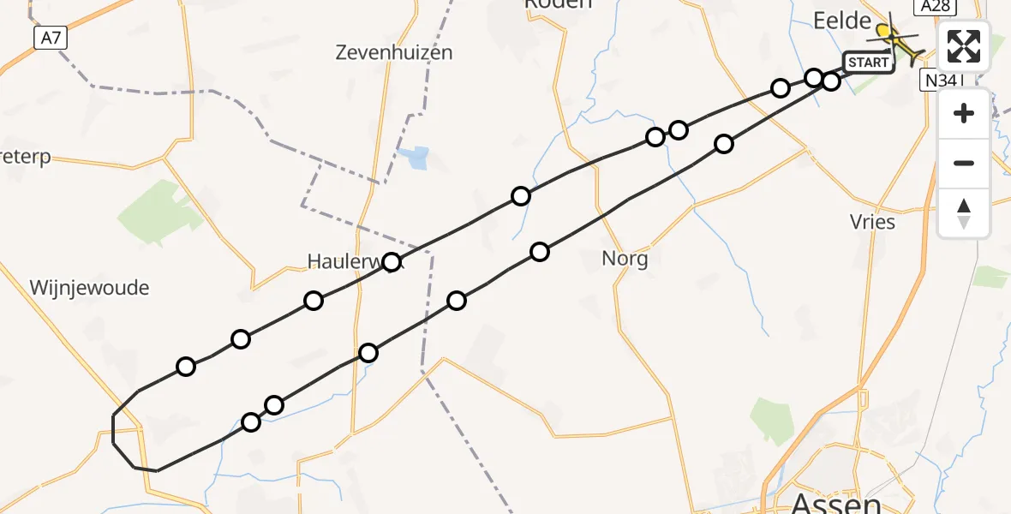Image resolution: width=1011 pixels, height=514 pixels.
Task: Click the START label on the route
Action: pos(869,63)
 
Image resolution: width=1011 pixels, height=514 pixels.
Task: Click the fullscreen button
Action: pos(964,46)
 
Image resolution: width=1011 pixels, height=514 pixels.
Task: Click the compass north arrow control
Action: pos(964,213)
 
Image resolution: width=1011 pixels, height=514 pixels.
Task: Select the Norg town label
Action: pos(625,258)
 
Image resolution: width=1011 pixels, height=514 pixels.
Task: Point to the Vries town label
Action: pos(873,222)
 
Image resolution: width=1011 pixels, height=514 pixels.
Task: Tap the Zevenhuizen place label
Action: pos(395,52)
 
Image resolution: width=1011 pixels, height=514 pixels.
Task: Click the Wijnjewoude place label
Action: pos(89,288)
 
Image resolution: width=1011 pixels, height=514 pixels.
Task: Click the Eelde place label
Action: pos(841,21)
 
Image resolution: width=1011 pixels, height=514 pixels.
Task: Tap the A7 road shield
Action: pos(51,38)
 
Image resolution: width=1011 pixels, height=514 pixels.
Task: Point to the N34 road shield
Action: pos(941,81)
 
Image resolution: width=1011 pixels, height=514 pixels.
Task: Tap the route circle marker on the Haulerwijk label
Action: pos(392,262)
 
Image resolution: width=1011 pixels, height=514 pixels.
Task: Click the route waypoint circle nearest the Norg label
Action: pos(540,252)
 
